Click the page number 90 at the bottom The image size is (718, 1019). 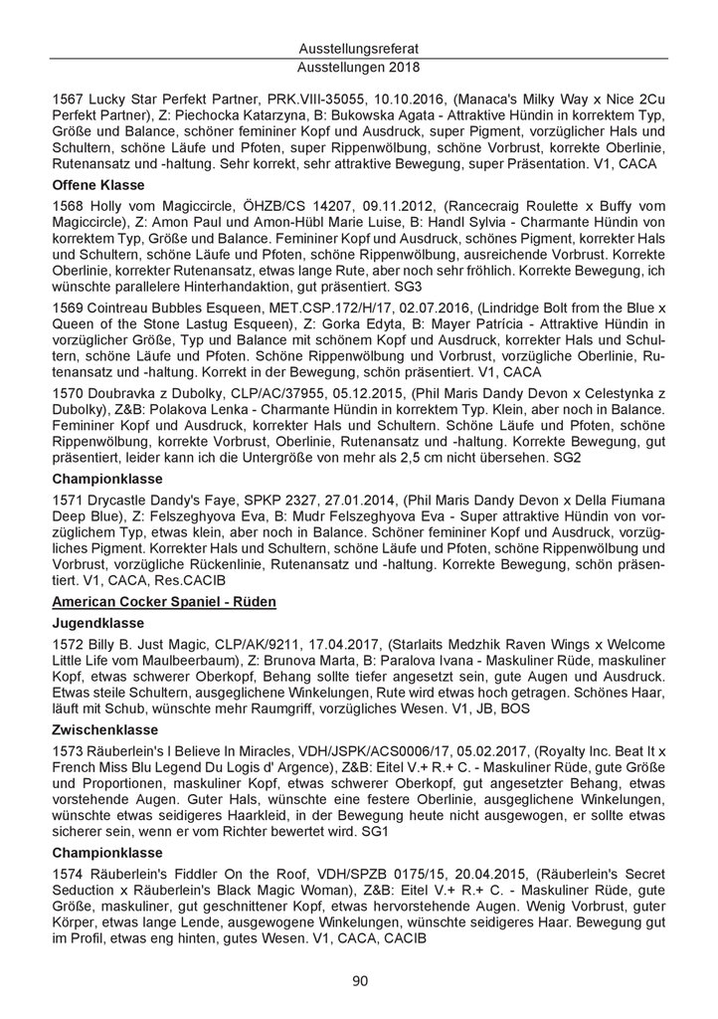pyautogui.click(x=359, y=981)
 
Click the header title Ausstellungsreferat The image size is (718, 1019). pyautogui.click(x=359, y=49)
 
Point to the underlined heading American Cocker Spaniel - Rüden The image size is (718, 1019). pyautogui.click(x=163, y=601)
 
